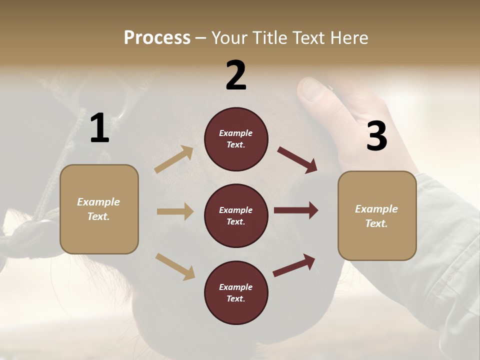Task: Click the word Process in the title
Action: coord(157,37)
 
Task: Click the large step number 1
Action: coord(99,128)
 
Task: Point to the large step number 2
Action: coord(236,75)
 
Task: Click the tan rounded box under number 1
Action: coord(99,209)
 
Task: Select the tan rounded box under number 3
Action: coord(377,216)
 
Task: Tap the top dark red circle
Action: coord(236,139)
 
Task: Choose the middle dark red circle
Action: coord(236,215)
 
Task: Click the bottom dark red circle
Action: coord(236,292)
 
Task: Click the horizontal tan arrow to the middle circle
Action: coord(175,211)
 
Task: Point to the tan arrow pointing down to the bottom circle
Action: coord(175,266)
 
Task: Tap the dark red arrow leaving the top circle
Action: coord(297,160)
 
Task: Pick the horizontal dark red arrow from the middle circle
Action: coord(296,210)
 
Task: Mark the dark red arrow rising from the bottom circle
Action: coord(294,265)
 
